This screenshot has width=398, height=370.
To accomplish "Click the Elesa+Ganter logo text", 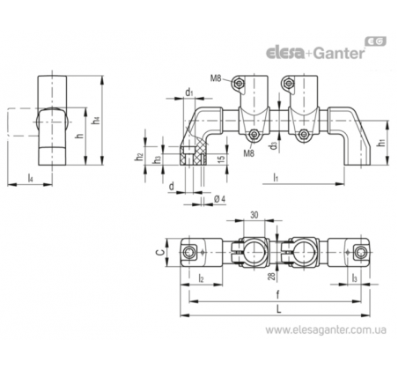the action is click(x=315, y=53).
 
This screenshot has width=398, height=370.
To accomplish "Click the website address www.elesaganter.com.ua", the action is click(x=326, y=330).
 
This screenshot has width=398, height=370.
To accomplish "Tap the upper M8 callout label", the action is click(x=216, y=78).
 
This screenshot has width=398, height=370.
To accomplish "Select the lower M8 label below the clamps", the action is click(x=248, y=153).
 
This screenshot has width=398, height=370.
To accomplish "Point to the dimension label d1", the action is click(x=189, y=92).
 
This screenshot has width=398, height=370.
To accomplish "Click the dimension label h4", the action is click(x=96, y=121).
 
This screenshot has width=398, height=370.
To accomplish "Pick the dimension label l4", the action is click(x=30, y=178).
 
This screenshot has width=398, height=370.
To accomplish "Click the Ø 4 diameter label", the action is click(x=219, y=199).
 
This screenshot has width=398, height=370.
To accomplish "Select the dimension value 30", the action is click(x=254, y=215).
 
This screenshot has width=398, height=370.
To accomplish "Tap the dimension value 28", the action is click(x=272, y=277).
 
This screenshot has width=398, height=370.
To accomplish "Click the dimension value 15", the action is click(x=222, y=158).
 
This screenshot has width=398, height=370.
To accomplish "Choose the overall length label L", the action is click(x=279, y=309).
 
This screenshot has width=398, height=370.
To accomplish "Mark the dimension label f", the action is click(x=278, y=294).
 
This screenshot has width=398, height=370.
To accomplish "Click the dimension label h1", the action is click(x=381, y=143).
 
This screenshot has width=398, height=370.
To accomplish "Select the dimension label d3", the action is click(x=274, y=145).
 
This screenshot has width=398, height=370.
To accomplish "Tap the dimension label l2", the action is click(x=201, y=277).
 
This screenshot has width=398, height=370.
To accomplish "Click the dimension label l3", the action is click(x=355, y=277).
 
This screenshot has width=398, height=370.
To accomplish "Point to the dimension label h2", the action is click(x=139, y=158).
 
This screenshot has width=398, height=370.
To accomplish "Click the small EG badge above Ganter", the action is click(x=375, y=41).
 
